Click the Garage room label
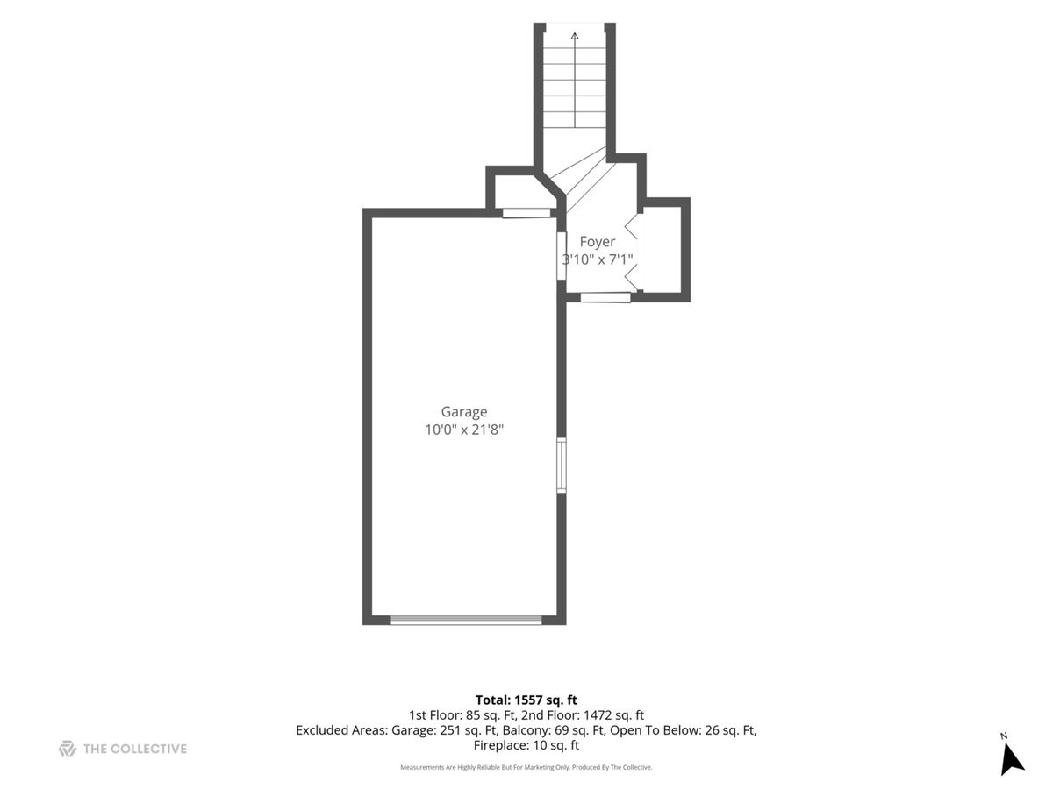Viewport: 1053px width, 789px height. [463, 411]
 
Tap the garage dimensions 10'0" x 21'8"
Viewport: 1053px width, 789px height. [464, 430]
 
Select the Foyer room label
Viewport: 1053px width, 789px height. [597, 242]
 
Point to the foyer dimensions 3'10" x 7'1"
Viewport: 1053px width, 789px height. [598, 259]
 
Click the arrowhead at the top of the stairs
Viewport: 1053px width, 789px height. [575, 35]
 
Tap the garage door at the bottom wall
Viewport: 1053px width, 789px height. [466, 620]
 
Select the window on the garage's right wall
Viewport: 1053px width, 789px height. [562, 466]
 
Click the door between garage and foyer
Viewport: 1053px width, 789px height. [562, 256]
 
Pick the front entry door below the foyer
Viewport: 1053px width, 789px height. [605, 297]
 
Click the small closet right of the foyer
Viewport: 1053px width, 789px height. [661, 249]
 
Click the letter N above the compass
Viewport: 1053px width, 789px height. [1004, 736]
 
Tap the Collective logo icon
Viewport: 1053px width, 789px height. [68, 749]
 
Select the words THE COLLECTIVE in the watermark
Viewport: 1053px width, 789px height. [135, 749]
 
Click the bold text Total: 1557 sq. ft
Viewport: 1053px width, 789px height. [526, 700]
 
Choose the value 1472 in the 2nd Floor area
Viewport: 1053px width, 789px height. [598, 715]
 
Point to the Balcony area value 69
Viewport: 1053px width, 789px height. [562, 730]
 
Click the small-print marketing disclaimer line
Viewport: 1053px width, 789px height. [526, 767]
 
